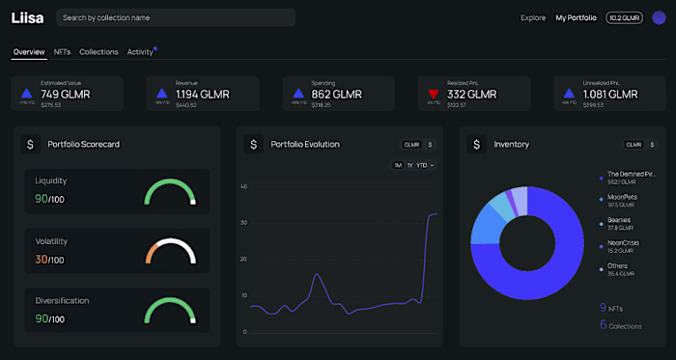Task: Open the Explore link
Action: point(532,17)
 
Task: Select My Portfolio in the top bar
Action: point(577,17)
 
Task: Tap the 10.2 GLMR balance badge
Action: point(623,17)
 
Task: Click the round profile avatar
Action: point(659,17)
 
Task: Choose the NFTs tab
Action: point(62,52)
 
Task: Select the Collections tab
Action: point(99,52)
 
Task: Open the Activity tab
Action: point(140,52)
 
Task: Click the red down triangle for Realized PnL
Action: point(434,94)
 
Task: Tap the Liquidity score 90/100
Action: point(49,199)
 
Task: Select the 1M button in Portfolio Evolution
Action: point(397,165)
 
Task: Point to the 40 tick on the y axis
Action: point(244,186)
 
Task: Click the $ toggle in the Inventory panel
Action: point(651,144)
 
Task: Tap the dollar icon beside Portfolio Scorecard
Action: point(30,144)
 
